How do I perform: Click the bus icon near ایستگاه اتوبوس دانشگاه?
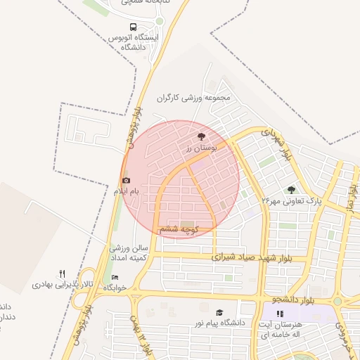[133, 27]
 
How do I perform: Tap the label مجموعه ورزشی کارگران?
[194, 98]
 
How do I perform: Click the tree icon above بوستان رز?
[202, 136]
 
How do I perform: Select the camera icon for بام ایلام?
[127, 181]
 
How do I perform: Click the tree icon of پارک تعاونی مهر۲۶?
[291, 190]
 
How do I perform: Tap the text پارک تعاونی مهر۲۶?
[291, 201]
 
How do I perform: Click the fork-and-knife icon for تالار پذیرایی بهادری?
[62, 274]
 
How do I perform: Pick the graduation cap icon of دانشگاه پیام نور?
[219, 313]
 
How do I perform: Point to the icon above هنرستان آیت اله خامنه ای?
[280, 314]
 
